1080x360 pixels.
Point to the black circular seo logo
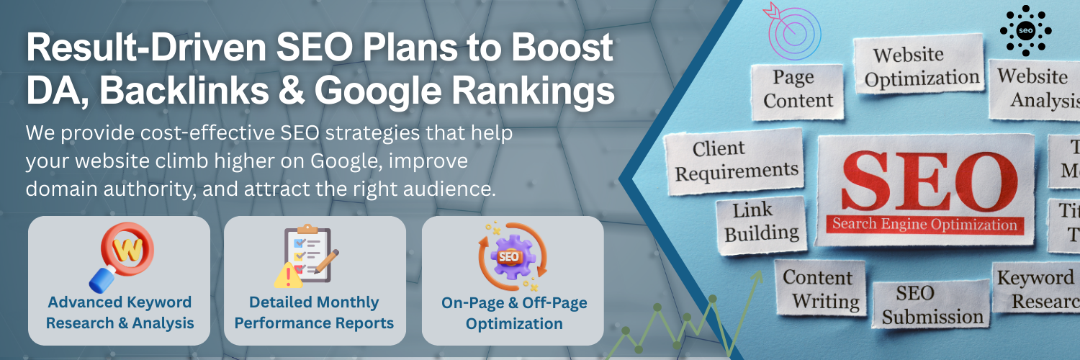click(x=1025, y=30)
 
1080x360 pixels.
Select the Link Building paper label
click(x=761, y=222)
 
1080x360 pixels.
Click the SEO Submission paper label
click(x=932, y=305)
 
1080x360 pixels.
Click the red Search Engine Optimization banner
click(x=924, y=224)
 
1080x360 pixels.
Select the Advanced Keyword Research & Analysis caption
click(x=120, y=312)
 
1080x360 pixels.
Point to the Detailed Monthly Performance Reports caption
click(x=315, y=312)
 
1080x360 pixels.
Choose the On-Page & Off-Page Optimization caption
click(x=513, y=312)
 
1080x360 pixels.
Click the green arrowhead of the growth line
click(x=759, y=277)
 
